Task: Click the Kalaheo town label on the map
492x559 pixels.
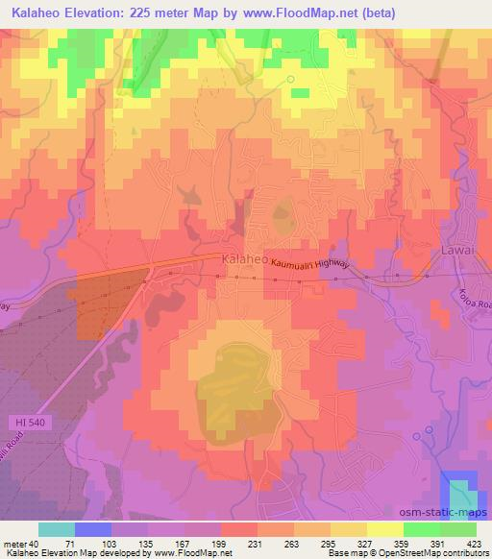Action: pos(242,259)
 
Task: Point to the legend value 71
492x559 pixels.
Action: pos(66,544)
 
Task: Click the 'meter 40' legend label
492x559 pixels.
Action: pos(19,544)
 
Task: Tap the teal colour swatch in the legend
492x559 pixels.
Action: pos(57,529)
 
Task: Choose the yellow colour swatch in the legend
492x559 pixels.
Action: pos(384,529)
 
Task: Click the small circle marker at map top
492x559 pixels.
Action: pos(290,80)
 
